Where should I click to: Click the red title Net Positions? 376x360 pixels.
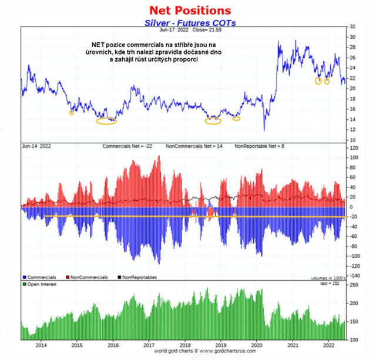point(190,11)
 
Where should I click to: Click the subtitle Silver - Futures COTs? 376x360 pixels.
point(186,23)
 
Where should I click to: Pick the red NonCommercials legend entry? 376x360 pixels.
point(88,277)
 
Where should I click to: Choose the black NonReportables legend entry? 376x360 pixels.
point(139,277)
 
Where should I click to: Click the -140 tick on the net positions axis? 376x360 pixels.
point(354,275)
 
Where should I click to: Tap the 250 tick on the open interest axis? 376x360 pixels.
point(354,285)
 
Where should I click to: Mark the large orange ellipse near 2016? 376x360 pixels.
point(106,121)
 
